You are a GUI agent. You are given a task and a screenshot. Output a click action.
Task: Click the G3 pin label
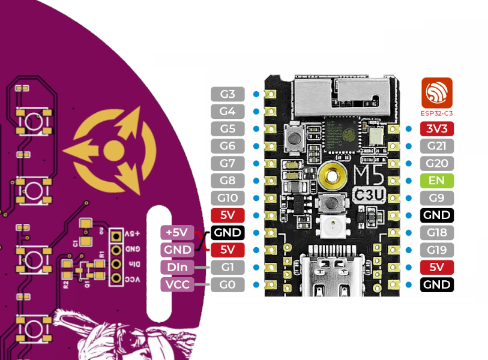click(227, 94)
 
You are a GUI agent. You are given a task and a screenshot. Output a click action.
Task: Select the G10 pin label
click(227, 198)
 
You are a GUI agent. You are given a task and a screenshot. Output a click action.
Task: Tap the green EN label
click(436, 180)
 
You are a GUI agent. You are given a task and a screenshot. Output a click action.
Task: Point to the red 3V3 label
click(436, 128)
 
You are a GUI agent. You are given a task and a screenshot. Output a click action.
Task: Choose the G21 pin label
click(436, 146)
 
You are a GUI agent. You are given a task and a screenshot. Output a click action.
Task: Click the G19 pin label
click(436, 250)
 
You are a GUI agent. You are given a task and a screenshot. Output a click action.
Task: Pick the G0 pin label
click(227, 284)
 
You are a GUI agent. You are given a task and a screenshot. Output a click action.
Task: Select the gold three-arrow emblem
click(112, 149)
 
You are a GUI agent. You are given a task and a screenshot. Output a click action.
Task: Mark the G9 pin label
click(436, 197)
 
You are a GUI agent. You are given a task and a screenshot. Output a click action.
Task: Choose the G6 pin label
click(227, 146)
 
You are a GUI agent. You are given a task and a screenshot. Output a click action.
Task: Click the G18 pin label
click(436, 232)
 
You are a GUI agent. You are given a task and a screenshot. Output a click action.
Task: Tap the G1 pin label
click(227, 267)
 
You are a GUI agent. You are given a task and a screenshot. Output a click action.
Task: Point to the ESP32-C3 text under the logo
click(436, 112)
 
